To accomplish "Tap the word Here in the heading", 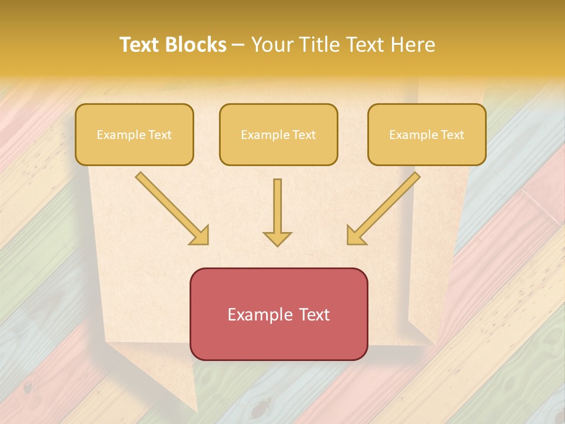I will point(414,45).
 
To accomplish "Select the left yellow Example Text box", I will point(134,134).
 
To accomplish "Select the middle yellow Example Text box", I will point(278,134).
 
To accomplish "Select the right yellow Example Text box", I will point(427,134).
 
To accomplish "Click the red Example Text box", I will point(278,314).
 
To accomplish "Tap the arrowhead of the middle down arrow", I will point(277,238).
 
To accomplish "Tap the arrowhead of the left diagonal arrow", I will point(200,236).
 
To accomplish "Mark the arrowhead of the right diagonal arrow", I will point(355,236).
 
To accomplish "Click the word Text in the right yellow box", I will point(452,135).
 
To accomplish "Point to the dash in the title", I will point(238,45).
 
